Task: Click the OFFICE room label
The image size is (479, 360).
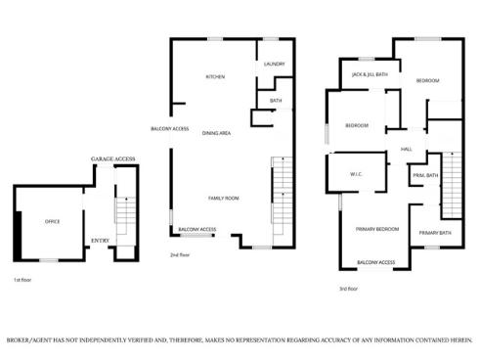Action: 52,221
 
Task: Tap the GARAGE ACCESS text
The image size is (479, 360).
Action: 113,157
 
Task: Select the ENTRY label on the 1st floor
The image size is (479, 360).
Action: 100,240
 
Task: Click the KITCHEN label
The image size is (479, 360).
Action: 215,76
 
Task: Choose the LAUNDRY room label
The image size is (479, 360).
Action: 274,65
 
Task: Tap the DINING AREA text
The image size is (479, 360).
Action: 217,132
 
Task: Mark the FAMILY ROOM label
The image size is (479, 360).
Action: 224,198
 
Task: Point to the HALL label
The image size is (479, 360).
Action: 406,149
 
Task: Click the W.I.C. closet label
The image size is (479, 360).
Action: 356,176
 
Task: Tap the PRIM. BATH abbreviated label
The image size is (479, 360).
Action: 424,175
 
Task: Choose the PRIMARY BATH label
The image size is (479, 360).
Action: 435,232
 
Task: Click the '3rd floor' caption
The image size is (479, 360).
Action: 348,289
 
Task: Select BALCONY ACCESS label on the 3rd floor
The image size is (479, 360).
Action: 375,262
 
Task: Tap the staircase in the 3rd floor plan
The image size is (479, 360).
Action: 452,184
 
